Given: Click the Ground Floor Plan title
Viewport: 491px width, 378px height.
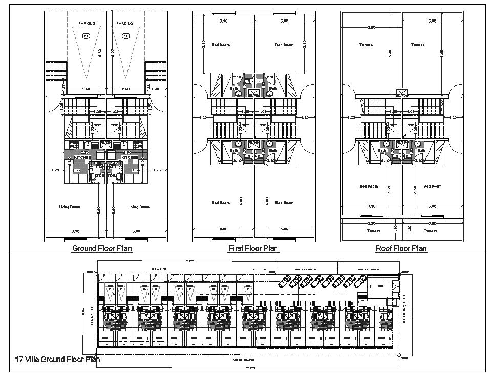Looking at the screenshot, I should (x=102, y=249).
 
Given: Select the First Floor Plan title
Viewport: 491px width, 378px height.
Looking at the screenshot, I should (x=253, y=249).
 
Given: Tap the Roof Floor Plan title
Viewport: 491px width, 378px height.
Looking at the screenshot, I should (x=401, y=249).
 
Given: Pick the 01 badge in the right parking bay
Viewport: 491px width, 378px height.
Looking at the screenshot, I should (x=125, y=36).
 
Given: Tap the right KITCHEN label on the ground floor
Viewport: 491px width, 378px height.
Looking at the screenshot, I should (x=130, y=157).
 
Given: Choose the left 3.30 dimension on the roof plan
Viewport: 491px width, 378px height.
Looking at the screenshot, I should (x=389, y=188).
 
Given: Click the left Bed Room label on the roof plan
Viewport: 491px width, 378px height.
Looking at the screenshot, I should (x=368, y=186).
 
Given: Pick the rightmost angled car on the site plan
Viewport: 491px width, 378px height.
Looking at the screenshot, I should (x=360, y=280).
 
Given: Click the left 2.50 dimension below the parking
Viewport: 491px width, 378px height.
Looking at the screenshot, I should (x=86, y=89).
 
